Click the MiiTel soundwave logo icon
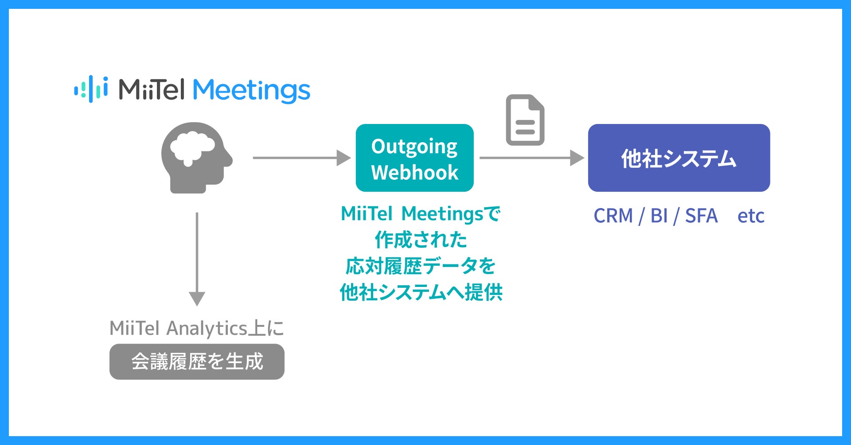(x=91, y=89)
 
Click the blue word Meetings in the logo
(x=251, y=90)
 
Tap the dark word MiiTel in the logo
(x=151, y=89)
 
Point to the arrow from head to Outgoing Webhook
(x=301, y=158)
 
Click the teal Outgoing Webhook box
(x=414, y=158)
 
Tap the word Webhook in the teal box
(x=414, y=172)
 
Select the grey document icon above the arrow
(x=525, y=120)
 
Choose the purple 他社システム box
(x=679, y=158)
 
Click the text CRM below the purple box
(x=613, y=216)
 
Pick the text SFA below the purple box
(x=701, y=216)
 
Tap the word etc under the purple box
(x=751, y=217)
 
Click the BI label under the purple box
(x=659, y=216)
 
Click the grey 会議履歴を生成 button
(x=197, y=361)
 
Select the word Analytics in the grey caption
(x=206, y=329)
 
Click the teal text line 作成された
(x=421, y=240)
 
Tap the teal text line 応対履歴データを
(x=421, y=266)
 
